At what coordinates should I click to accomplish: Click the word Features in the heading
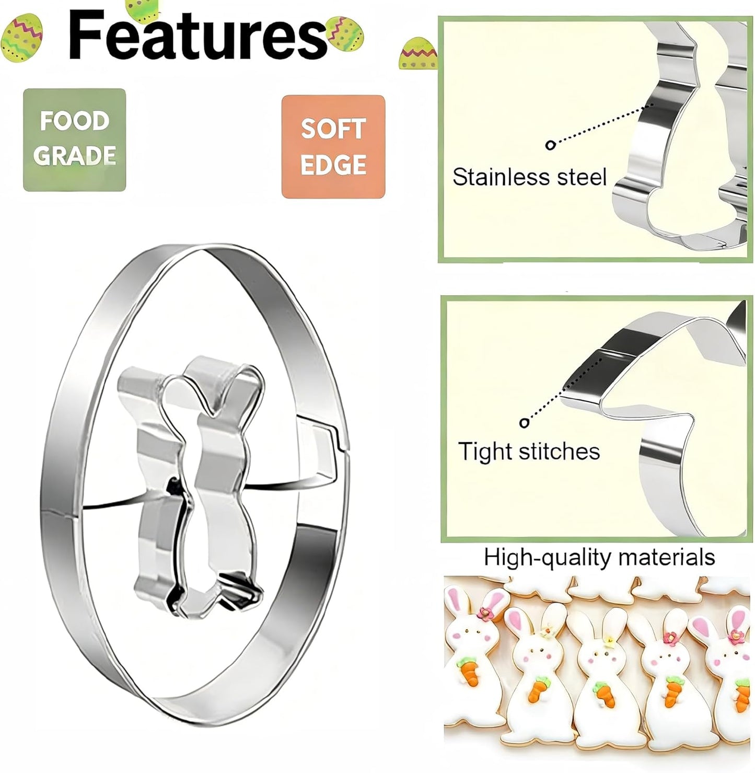coord(198,36)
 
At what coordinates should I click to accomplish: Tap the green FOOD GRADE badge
coord(75,140)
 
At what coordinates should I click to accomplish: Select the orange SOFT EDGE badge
coord(333,146)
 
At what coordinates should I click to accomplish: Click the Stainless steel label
coord(529,177)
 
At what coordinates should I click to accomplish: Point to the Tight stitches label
coord(529,451)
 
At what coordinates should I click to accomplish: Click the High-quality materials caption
coord(599,557)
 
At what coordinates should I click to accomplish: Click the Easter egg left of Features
coord(21,38)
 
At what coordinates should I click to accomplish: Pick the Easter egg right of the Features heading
coord(345,33)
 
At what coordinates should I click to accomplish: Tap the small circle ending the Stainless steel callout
coord(550,145)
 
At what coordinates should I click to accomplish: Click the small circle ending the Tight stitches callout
coord(524,423)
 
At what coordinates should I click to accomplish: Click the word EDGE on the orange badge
coord(333,165)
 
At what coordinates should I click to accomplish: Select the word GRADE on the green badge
coord(75,155)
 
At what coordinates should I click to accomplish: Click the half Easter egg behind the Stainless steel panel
coord(419,53)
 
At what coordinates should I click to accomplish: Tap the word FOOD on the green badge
coord(75,121)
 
